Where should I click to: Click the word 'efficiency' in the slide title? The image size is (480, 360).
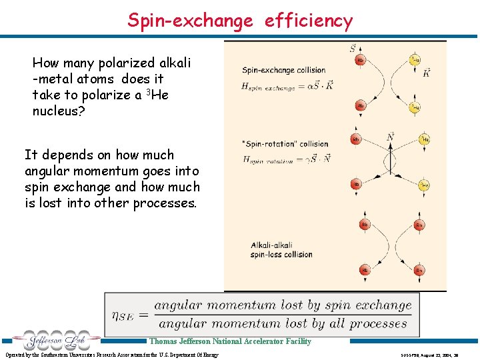click(x=308, y=21)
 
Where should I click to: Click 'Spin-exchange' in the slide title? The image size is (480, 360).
click(x=190, y=21)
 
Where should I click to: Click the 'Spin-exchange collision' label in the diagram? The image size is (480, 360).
click(x=283, y=70)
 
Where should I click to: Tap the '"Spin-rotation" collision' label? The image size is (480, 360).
click(x=286, y=144)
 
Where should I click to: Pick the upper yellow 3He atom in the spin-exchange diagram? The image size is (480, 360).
click(x=415, y=59)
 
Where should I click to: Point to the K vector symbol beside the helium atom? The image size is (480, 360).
click(x=426, y=72)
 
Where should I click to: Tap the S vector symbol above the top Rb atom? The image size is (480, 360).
click(x=353, y=48)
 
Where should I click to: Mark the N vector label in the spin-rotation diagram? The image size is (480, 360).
click(x=390, y=137)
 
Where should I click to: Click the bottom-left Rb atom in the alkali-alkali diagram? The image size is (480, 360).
click(x=364, y=270)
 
